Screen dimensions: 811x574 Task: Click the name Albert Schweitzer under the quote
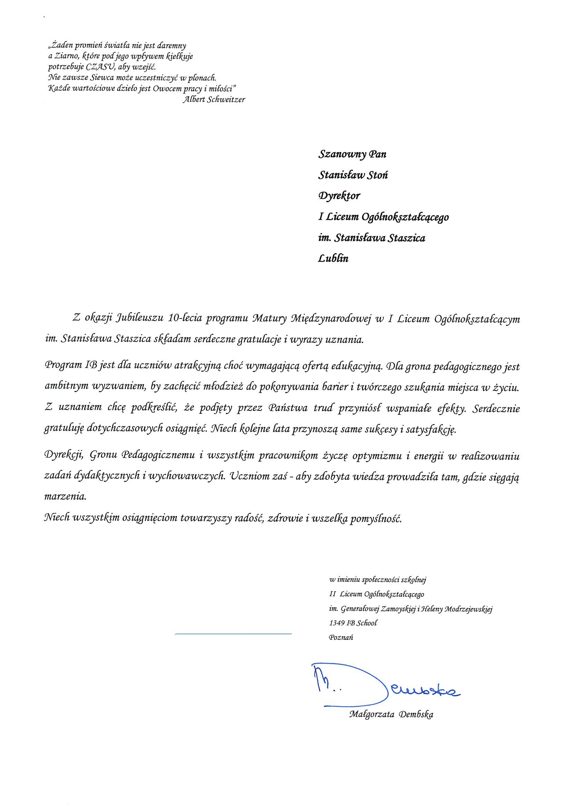tap(214, 100)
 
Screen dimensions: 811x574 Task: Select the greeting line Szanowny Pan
tap(353, 154)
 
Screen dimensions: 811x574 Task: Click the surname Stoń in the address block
tap(378, 175)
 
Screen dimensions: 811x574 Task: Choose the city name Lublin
tap(333, 259)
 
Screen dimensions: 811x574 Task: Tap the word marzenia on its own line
tap(65, 497)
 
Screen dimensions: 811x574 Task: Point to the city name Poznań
tap(341, 638)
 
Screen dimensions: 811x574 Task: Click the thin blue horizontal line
tap(233, 634)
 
